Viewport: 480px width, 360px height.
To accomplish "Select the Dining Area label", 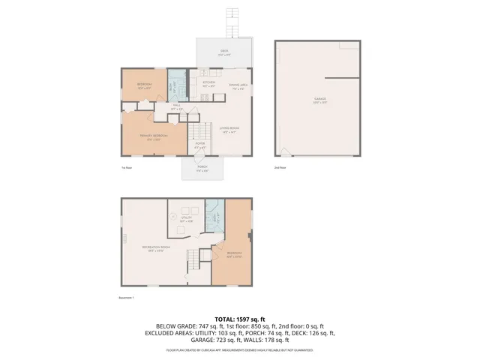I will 238,86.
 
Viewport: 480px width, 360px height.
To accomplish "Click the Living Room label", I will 229,130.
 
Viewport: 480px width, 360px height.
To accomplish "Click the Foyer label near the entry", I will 199,146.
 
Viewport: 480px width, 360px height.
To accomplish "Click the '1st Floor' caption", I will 126,168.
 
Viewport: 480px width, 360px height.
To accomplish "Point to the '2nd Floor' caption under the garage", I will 280,168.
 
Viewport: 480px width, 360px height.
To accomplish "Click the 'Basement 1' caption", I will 127,298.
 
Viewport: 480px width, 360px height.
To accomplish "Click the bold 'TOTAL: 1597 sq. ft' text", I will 239,319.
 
